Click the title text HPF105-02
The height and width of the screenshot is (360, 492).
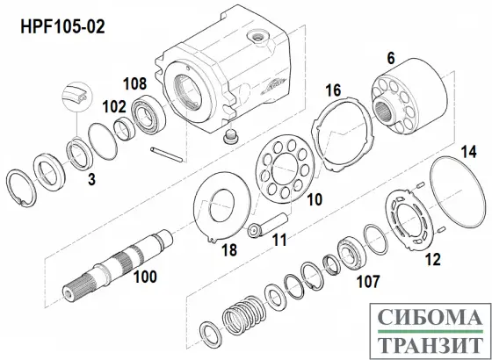coord(61,26)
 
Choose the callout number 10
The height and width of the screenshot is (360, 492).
coord(314,200)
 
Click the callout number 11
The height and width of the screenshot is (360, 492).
coord(279,238)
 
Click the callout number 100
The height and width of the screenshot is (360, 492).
coord(143,277)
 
